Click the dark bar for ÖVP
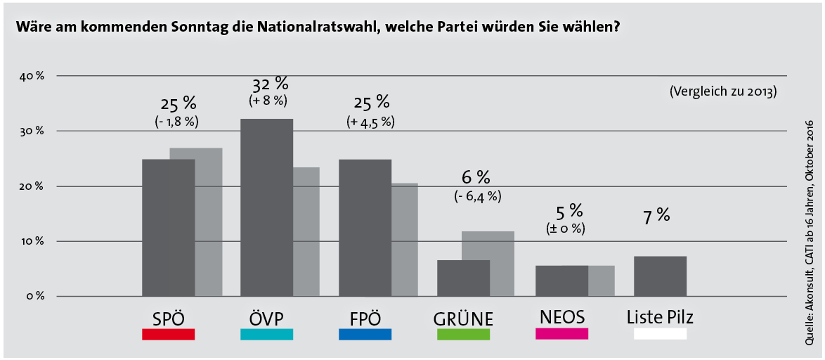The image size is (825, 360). click(x=266, y=207)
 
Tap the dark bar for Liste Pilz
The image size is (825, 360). click(x=660, y=276)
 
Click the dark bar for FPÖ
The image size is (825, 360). click(x=365, y=227)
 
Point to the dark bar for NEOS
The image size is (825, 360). click(x=561, y=281)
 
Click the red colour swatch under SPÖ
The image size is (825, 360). click(x=168, y=335)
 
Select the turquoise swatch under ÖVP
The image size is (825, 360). click(x=266, y=335)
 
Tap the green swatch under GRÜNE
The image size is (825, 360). click(x=463, y=335)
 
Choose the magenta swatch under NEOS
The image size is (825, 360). click(x=561, y=333)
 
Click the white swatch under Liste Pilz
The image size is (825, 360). click(x=660, y=335)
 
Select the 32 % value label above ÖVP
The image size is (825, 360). click(x=270, y=84)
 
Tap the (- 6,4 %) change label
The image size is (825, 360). click(x=477, y=196)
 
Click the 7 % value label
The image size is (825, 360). click(x=653, y=214)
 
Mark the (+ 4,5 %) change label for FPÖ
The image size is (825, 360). click(x=370, y=121)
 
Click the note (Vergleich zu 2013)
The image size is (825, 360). click(x=723, y=91)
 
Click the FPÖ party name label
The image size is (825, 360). click(x=365, y=318)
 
